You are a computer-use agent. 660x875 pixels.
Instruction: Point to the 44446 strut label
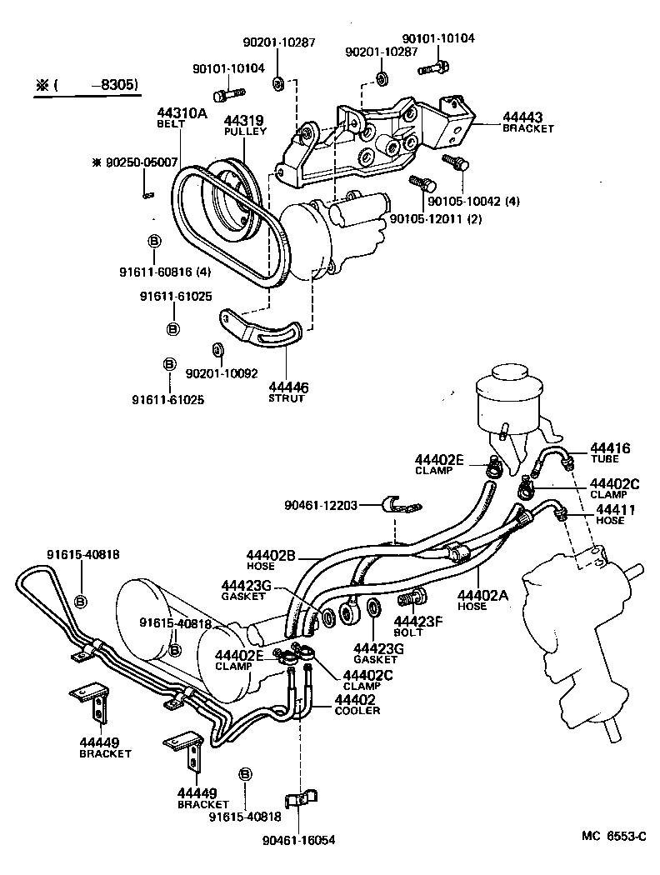click(288, 387)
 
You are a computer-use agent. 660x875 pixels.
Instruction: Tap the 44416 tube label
click(611, 448)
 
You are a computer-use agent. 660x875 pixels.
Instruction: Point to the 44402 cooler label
click(355, 699)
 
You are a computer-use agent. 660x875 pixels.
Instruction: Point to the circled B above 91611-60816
click(154, 241)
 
